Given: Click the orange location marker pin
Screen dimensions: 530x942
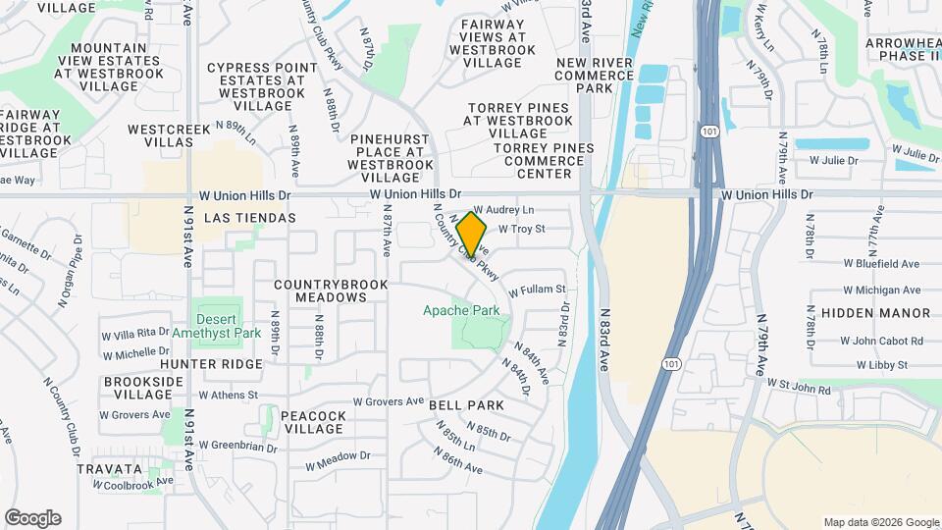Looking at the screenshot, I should click(472, 235).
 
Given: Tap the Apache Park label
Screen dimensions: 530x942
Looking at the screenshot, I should click(461, 310).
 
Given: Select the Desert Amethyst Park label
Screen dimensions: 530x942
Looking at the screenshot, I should click(216, 326).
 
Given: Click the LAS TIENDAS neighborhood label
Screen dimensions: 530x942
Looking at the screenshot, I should click(249, 217).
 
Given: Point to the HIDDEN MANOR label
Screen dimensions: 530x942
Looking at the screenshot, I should click(875, 313).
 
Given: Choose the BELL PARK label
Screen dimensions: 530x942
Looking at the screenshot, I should click(466, 404).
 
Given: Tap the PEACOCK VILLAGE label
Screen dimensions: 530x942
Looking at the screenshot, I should click(313, 423).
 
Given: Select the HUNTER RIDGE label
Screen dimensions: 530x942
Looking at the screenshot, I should click(211, 363).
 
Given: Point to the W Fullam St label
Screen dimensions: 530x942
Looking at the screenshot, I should click(538, 290).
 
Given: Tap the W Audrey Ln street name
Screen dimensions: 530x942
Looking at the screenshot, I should click(504, 210).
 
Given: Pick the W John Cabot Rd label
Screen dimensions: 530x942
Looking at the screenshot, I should click(881, 341).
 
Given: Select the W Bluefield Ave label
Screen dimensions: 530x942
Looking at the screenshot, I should click(881, 263).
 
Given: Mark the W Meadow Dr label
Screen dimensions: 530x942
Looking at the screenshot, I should click(337, 455).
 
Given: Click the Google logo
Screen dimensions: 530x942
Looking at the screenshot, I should click(32, 518).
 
